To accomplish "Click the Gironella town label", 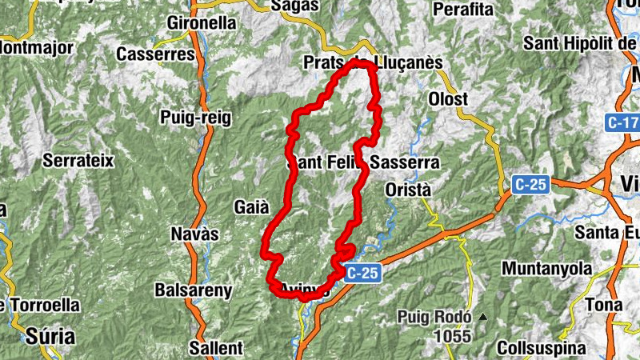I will (202, 23).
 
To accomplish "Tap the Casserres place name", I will (155, 54).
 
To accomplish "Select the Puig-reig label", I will (195, 118).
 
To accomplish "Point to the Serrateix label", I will (78, 160).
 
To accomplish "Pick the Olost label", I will (448, 99).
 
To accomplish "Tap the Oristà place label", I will (408, 190).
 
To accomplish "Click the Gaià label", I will (251, 206).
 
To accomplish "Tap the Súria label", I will (44, 334).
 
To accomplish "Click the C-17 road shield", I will (622, 123).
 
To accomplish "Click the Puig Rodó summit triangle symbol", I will (482, 317).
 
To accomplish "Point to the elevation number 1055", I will (453, 337).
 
